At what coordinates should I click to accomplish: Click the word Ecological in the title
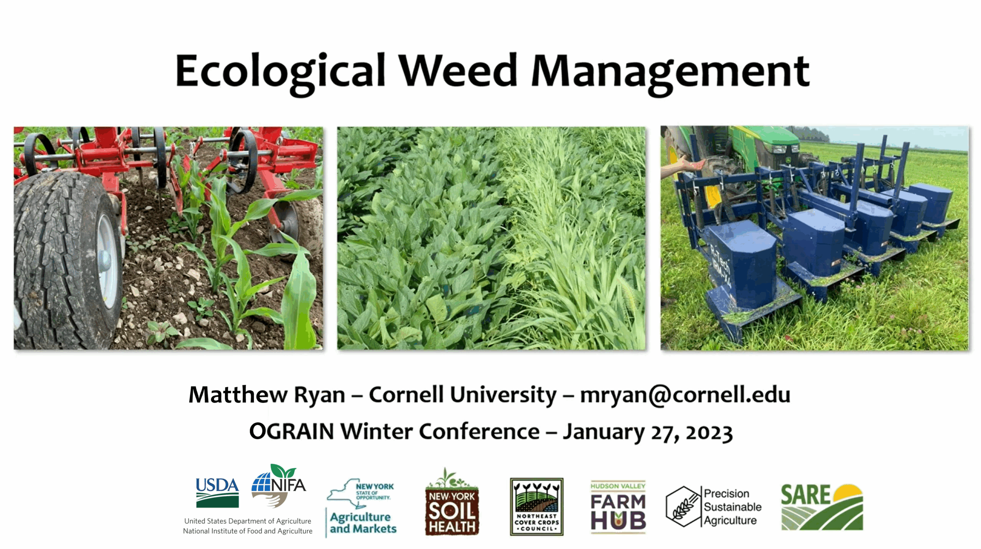pos(280,73)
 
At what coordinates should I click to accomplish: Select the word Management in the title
pos(670,73)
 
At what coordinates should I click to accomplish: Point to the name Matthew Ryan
pos(267,395)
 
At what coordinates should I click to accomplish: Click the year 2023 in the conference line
pos(709,432)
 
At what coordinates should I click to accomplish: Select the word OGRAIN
pos(292,431)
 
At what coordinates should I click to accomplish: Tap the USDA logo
pos(217,493)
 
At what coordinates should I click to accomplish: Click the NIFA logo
pos(279,485)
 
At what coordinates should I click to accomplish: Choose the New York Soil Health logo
pos(452,502)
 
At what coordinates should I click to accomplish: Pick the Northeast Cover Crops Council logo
pos(536,506)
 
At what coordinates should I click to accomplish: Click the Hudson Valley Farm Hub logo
pos(618,506)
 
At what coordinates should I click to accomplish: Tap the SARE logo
pos(822,507)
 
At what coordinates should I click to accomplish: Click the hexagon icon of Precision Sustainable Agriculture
pos(683,506)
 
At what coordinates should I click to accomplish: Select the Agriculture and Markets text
pos(363,523)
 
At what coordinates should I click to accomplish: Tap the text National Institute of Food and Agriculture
pos(248,531)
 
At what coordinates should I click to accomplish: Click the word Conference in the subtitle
pos(479,431)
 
